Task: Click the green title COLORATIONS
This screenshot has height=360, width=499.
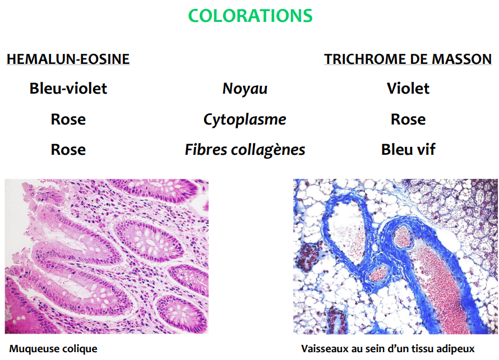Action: click(250, 16)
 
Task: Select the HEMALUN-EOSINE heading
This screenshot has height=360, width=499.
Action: click(68, 59)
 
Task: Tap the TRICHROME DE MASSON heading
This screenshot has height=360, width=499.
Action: click(408, 59)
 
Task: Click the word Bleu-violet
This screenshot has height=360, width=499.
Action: click(68, 88)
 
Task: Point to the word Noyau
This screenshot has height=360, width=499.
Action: click(244, 89)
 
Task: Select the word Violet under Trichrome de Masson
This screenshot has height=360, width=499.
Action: click(408, 88)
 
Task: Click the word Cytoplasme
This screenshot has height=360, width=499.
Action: click(244, 119)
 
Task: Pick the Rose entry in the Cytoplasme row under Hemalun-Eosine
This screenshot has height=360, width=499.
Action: click(68, 119)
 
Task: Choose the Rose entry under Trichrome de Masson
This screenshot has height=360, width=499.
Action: click(408, 119)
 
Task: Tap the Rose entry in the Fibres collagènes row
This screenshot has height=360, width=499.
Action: click(68, 150)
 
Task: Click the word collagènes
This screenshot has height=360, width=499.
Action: click(268, 150)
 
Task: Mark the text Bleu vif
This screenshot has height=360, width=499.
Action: click(408, 150)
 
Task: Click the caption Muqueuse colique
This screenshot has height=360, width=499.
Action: click(53, 349)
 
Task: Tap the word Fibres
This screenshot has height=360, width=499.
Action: click(206, 150)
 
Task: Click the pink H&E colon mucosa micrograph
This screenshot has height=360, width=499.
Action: click(107, 256)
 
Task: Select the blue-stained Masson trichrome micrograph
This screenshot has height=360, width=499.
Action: click(396, 256)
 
